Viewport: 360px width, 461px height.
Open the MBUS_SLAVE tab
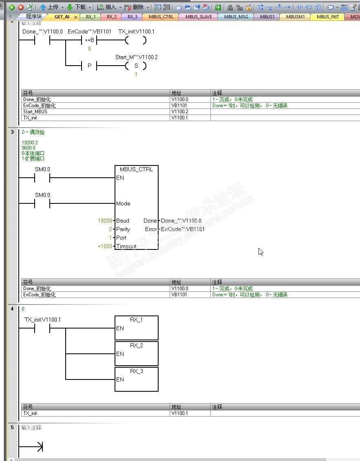(x=199, y=17)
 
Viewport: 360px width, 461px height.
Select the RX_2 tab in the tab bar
(x=111, y=17)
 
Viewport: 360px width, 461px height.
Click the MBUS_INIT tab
(x=327, y=17)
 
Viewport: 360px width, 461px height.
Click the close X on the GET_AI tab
(x=76, y=17)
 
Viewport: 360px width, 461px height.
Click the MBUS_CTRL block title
(x=136, y=169)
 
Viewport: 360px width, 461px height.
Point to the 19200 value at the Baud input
(x=105, y=221)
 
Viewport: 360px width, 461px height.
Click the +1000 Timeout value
(x=105, y=246)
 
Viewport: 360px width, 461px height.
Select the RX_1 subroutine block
(x=136, y=328)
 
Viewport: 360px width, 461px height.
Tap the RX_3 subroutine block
(x=136, y=379)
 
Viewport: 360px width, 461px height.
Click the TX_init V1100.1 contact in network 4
(x=42, y=328)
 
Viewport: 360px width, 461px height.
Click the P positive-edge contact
(x=90, y=66)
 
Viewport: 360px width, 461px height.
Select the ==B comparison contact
(x=89, y=40)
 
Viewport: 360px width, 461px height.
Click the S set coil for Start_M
(x=136, y=66)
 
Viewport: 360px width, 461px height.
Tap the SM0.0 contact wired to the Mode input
(x=42, y=203)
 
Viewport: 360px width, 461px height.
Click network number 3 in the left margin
(x=12, y=132)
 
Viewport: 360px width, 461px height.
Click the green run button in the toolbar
(x=11, y=7)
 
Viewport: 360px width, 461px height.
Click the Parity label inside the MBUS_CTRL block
(x=123, y=229)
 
